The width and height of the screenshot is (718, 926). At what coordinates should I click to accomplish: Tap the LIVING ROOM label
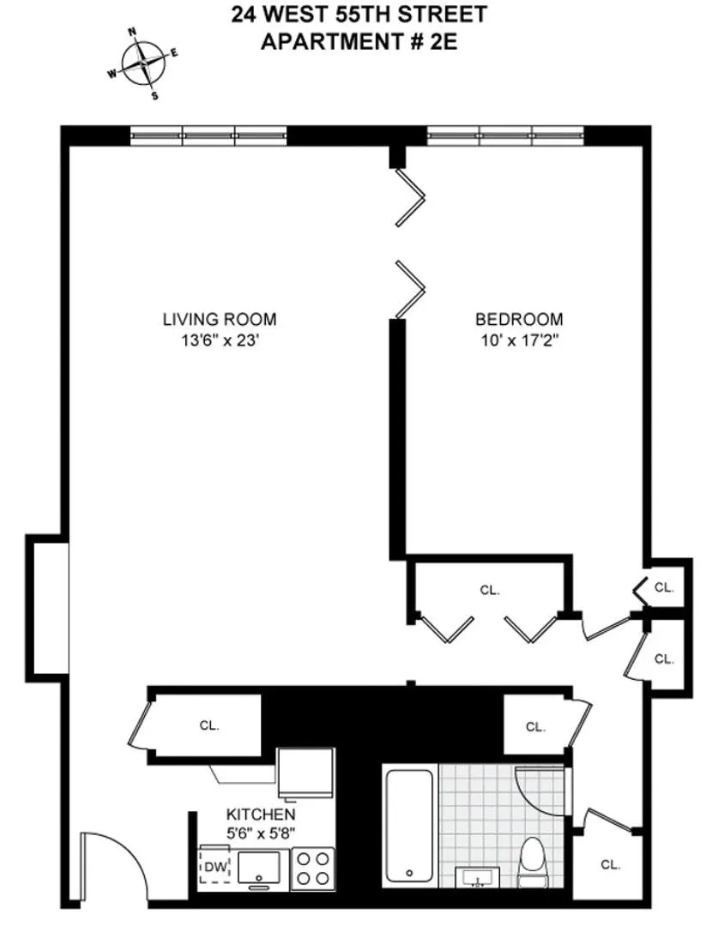point(220,320)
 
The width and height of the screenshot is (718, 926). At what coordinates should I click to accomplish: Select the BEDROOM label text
point(519,320)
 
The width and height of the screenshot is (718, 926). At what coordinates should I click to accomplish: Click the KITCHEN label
point(261,814)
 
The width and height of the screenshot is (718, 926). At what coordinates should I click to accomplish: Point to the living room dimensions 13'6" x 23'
point(220,340)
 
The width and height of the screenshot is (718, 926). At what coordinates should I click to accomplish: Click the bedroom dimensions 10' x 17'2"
point(519,340)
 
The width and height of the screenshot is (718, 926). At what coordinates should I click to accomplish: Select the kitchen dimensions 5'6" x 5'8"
point(261,831)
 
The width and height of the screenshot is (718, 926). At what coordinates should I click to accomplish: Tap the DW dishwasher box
point(212,866)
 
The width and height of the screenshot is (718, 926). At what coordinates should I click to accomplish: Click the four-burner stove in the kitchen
point(312,868)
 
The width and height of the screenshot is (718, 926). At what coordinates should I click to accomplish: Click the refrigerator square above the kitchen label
point(305,773)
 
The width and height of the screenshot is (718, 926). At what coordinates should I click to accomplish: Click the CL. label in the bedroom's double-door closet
point(489,590)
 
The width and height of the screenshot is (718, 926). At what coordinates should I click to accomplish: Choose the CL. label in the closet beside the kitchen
point(209,725)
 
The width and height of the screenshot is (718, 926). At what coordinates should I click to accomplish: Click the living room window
point(208,135)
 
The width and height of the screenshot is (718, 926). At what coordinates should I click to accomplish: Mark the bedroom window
point(505,135)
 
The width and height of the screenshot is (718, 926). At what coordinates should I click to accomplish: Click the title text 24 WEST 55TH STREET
point(359,15)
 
